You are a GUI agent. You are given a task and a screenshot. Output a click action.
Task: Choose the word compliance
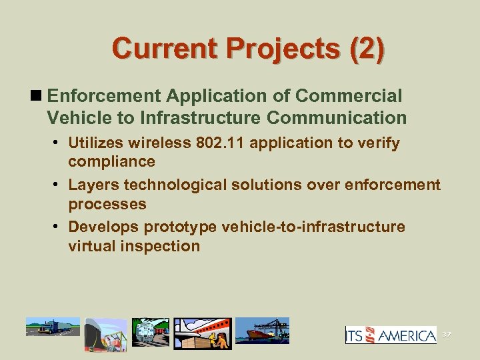(111, 161)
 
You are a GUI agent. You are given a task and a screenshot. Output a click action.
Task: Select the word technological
(177, 185)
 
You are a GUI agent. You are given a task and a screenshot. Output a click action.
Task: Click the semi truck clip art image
(53, 328)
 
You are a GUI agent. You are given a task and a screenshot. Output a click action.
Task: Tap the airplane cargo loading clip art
(203, 333)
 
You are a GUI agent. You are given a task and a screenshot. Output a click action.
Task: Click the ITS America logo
(391, 334)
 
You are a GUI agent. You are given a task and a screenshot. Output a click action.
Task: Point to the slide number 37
(446, 334)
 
